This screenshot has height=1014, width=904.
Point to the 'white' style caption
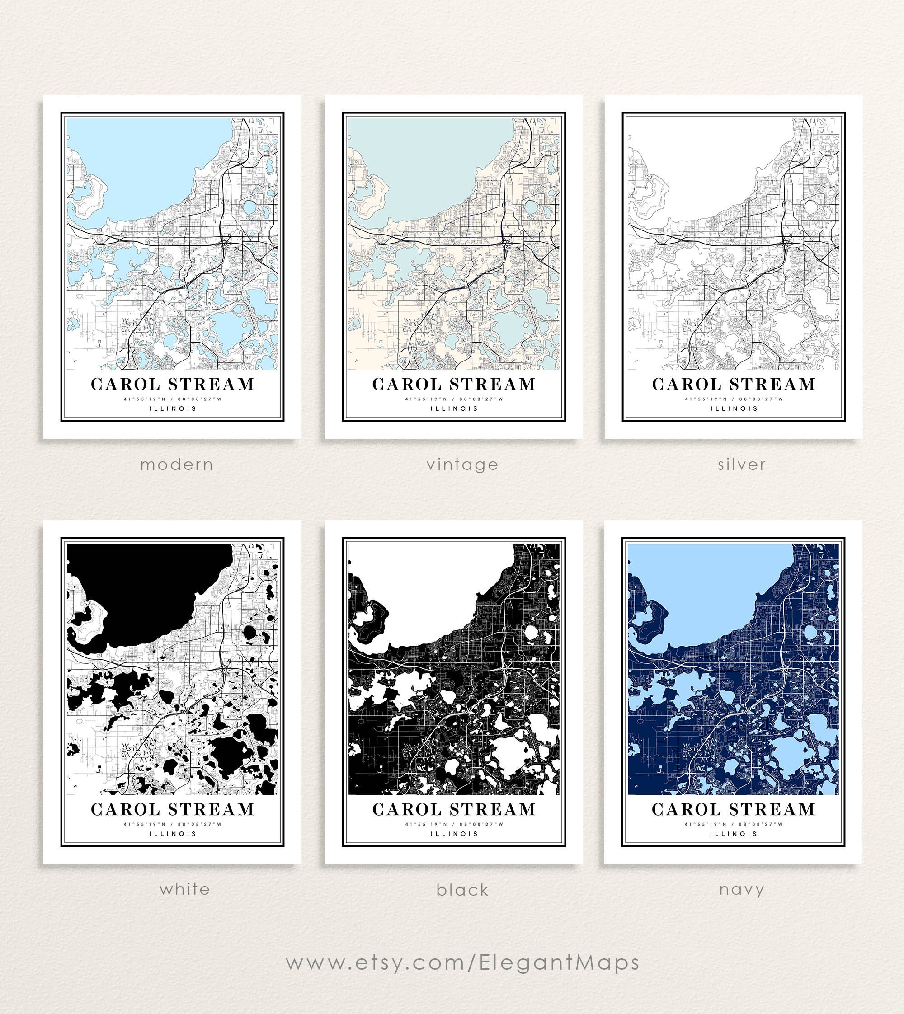[185, 889]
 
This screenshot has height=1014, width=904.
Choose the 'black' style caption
[462, 890]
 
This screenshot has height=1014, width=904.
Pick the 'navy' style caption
[741, 889]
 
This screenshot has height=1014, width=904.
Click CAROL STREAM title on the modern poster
[172, 385]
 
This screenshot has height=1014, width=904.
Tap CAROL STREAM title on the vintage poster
[454, 385]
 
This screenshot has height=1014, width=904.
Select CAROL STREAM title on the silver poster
[734, 385]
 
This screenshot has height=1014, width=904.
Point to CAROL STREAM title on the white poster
[172, 809]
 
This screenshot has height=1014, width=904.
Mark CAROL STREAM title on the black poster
[454, 809]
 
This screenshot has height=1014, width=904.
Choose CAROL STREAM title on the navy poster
[733, 809]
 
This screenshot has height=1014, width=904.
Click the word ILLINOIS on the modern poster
[173, 408]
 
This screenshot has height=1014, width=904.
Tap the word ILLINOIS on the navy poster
[734, 834]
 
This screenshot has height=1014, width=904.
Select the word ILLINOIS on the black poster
[454, 834]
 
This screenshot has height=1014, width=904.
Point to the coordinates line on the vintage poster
[454, 399]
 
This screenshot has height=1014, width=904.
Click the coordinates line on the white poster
[172, 824]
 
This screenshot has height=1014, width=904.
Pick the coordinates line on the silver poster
[734, 399]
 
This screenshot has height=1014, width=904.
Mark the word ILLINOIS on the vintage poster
[454, 408]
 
